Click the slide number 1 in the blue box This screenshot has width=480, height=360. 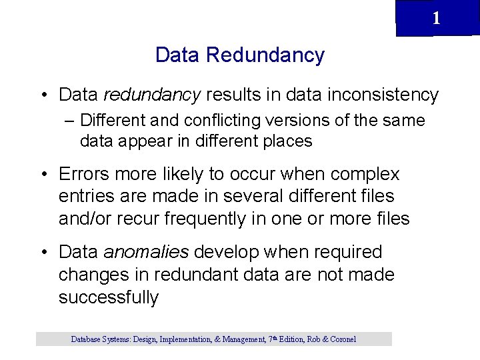tap(436, 18)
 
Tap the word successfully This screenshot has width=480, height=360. tap(109, 297)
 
